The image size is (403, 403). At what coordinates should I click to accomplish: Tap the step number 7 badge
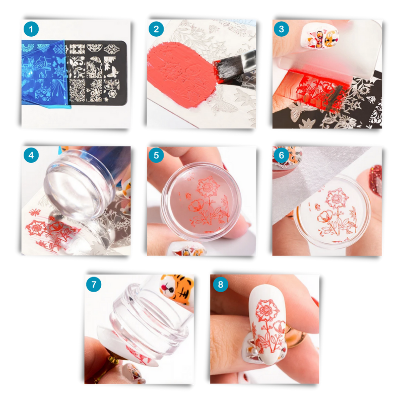tap(94, 285)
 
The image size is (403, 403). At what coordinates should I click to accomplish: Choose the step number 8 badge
tap(219, 285)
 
